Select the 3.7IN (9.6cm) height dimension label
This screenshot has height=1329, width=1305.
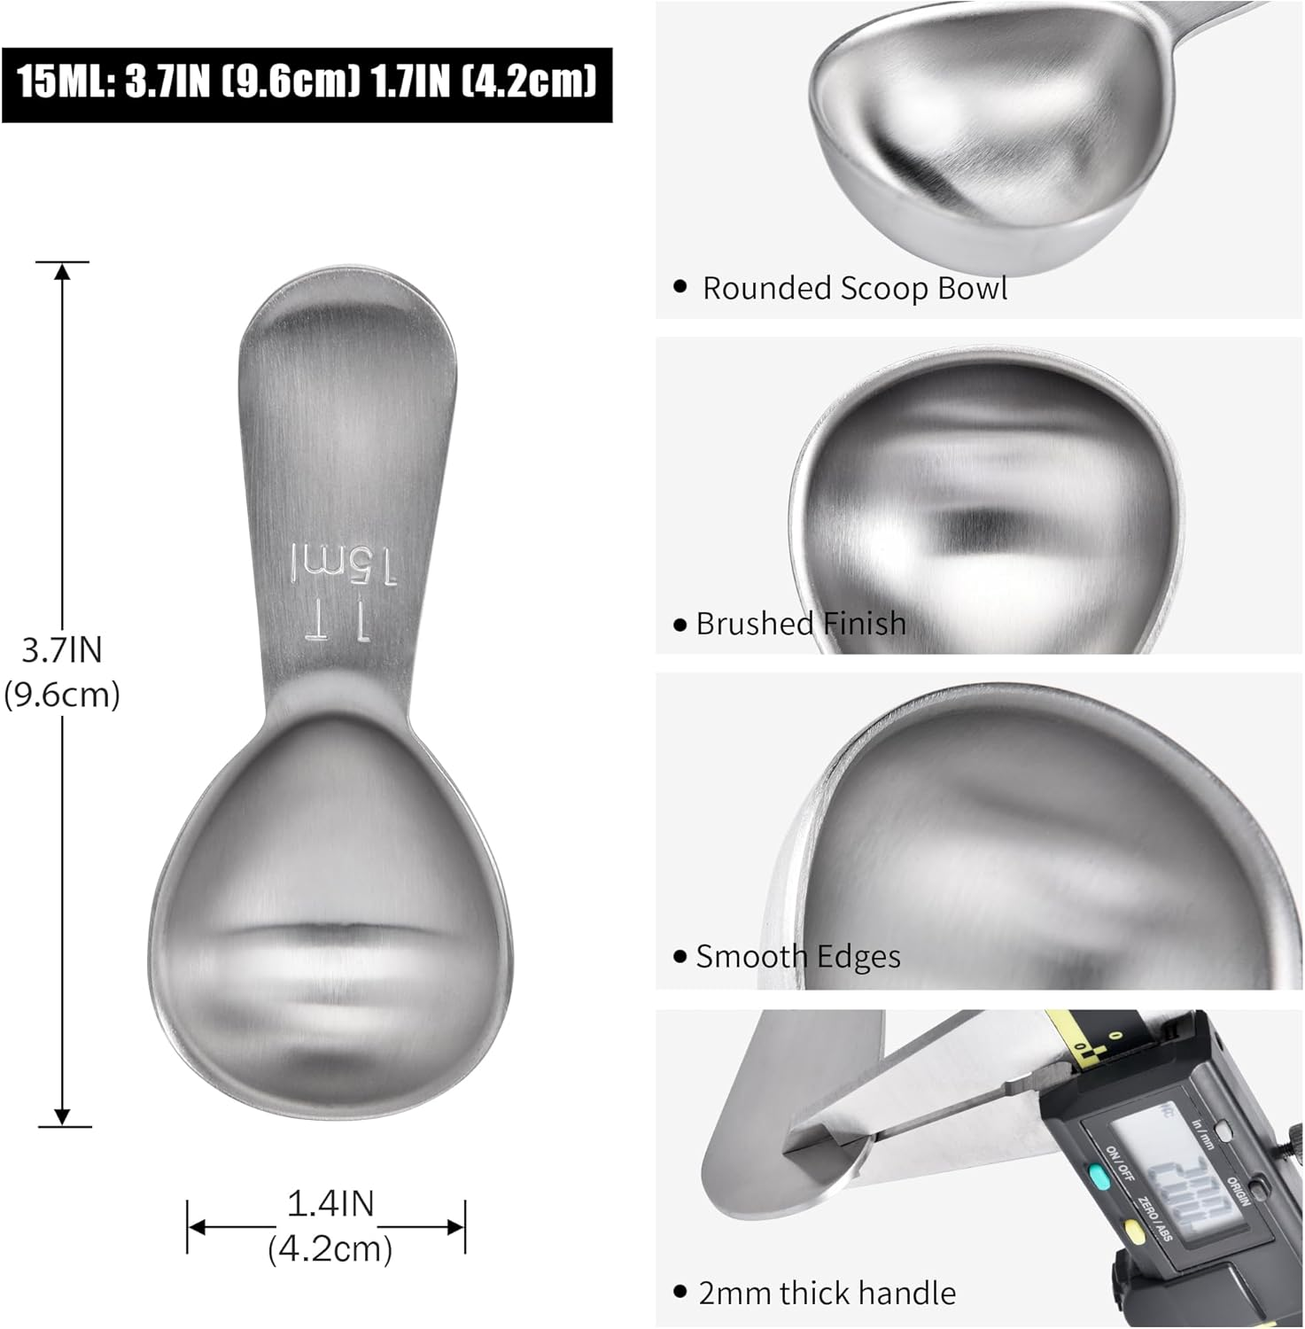pyautogui.click(x=61, y=672)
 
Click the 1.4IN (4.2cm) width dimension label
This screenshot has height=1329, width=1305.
pyautogui.click(x=330, y=1226)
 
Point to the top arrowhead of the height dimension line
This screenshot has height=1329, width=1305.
pyautogui.click(x=62, y=270)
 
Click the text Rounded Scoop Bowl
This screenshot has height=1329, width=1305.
pyautogui.click(x=854, y=289)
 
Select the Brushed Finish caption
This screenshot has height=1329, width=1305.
pyautogui.click(x=800, y=624)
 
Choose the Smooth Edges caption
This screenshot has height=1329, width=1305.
pyautogui.click(x=797, y=957)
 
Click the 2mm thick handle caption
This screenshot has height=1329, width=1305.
pyautogui.click(x=827, y=1293)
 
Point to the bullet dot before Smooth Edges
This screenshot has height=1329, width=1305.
pyautogui.click(x=680, y=957)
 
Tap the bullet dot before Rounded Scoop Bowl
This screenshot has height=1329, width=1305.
pyautogui.click(x=680, y=287)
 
